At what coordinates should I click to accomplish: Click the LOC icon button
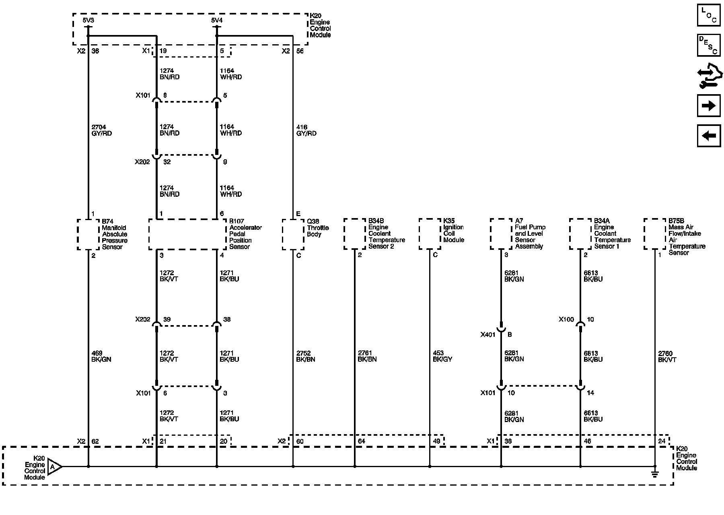[x=709, y=15]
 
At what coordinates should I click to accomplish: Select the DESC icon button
[x=709, y=45]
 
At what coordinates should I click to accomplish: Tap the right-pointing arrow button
[x=709, y=106]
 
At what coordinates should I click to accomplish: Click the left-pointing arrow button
[x=709, y=136]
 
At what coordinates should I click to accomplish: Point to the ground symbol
[x=655, y=474]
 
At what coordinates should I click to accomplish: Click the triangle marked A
[x=54, y=467]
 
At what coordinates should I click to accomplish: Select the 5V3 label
[x=88, y=20]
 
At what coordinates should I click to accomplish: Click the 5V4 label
[x=217, y=20]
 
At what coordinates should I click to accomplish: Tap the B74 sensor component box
[x=88, y=234]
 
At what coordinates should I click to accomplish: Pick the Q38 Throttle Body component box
[x=293, y=234]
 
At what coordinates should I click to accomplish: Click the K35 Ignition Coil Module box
[x=430, y=234]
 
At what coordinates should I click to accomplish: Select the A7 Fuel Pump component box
[x=501, y=234]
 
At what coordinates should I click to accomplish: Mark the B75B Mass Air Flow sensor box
[x=655, y=234]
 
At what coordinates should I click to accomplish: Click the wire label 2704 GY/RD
[x=101, y=130]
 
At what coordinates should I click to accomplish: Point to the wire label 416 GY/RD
[x=306, y=130]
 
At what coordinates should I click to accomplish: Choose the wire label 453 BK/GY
[x=442, y=356]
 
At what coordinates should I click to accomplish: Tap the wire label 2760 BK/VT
[x=667, y=356]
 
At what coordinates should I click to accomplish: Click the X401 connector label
[x=488, y=334]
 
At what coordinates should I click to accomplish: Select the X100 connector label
[x=566, y=319]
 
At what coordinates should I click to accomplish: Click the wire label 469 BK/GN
[x=101, y=356]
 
